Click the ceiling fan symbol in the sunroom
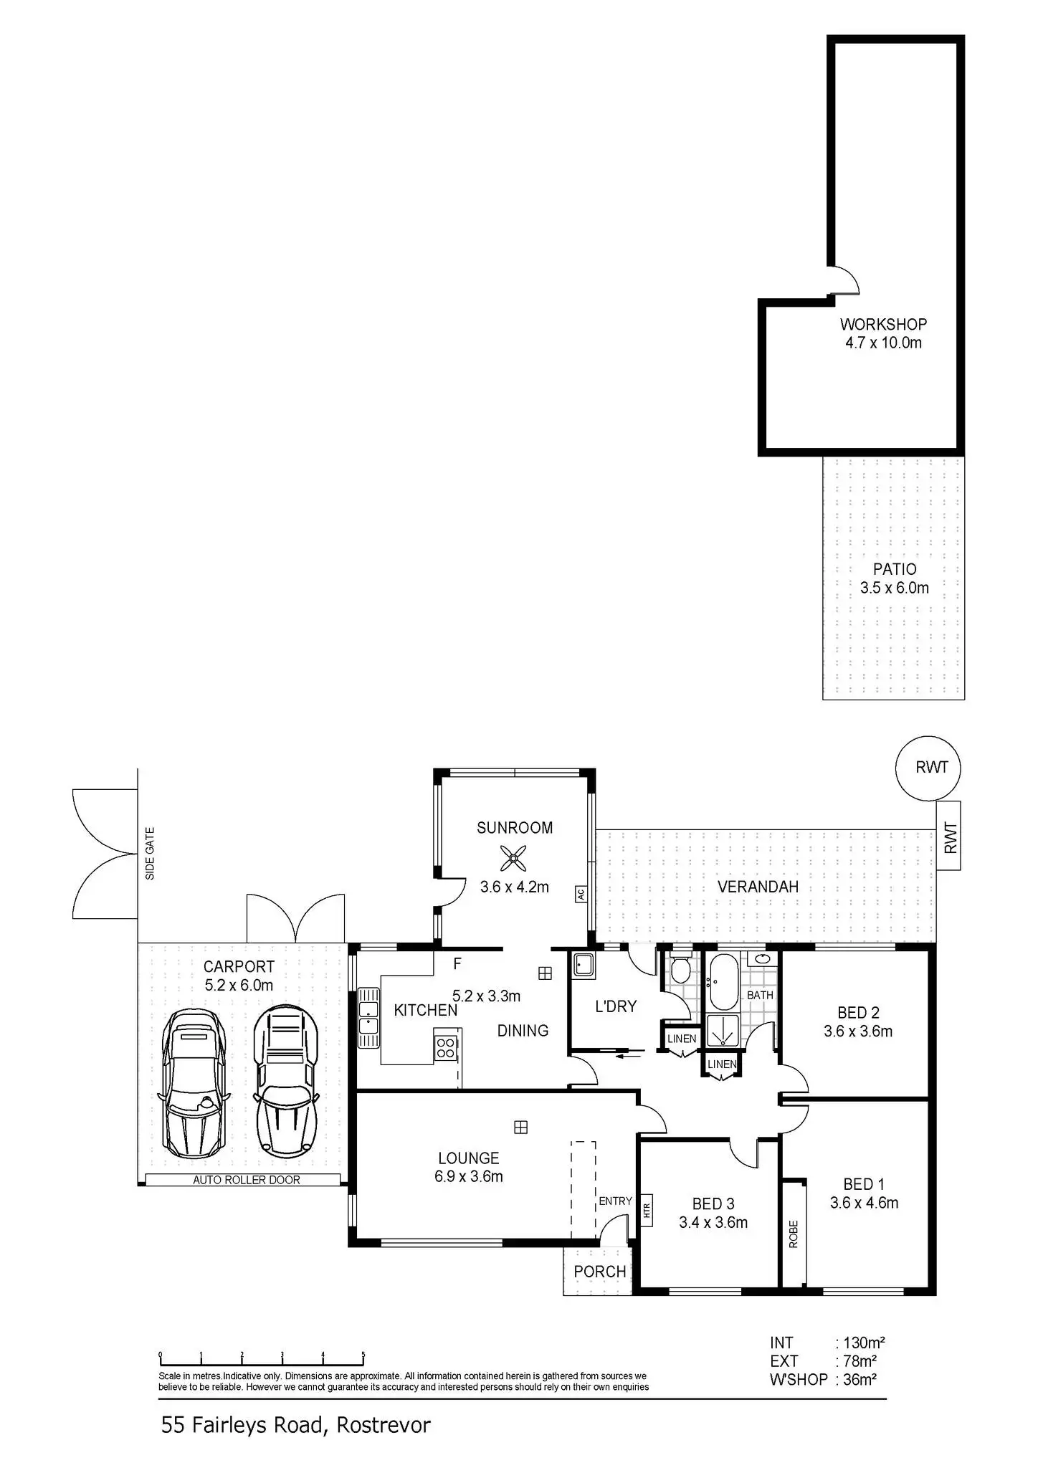[513, 858]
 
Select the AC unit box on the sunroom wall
[580, 894]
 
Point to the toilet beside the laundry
[680, 970]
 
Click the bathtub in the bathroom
[723, 981]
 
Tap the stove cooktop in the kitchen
[445, 1048]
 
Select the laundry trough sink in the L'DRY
[584, 966]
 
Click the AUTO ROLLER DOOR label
[247, 1180]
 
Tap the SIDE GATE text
[150, 854]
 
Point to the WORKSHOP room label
[883, 324]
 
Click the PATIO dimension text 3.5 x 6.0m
[894, 588]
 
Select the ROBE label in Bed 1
[794, 1234]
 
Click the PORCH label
[600, 1272]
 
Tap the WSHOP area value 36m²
[860, 1379]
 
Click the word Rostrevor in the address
[384, 1424]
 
